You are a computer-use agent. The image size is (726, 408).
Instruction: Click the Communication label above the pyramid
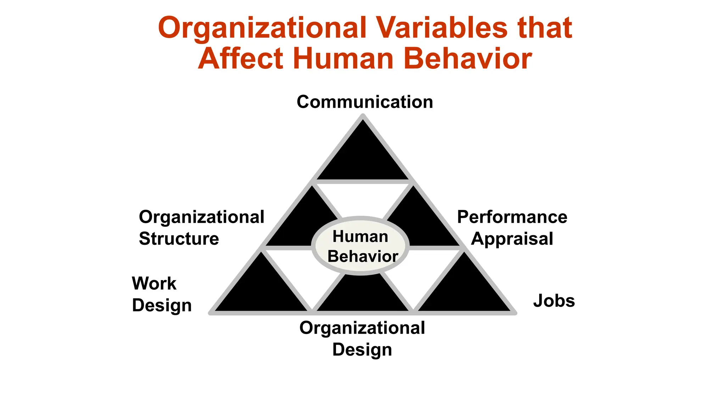click(365, 102)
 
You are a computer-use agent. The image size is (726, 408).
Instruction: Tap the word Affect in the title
click(241, 58)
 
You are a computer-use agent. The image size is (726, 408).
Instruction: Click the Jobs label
click(554, 301)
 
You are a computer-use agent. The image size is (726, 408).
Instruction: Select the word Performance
click(512, 217)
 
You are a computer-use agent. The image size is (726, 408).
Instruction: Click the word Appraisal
click(512, 239)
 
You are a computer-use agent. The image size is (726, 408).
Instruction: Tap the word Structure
click(179, 239)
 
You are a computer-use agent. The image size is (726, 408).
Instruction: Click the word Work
click(154, 283)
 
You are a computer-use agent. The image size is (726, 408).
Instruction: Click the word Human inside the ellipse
click(360, 236)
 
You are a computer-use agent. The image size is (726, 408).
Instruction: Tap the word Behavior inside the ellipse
click(362, 256)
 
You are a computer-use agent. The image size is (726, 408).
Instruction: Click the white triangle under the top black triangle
click(362, 198)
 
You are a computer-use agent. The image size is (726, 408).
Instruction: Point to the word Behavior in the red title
click(468, 58)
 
